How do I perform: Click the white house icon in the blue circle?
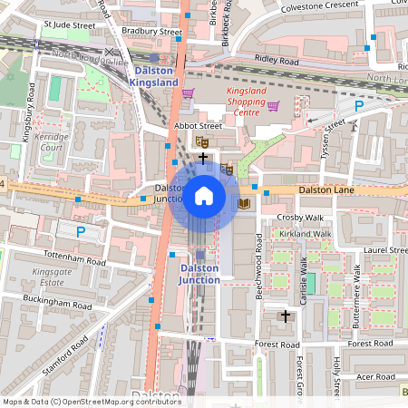tap(204, 195)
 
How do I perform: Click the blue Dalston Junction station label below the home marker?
tap(199, 274)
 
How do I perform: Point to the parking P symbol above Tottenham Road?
tap(80, 232)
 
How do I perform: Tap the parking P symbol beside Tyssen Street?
tap(358, 106)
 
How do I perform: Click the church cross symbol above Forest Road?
tap(287, 316)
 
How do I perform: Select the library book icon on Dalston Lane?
tap(243, 204)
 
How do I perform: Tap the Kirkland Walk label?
tap(306, 234)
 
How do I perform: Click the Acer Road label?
tap(376, 376)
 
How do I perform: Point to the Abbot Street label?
tap(198, 126)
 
